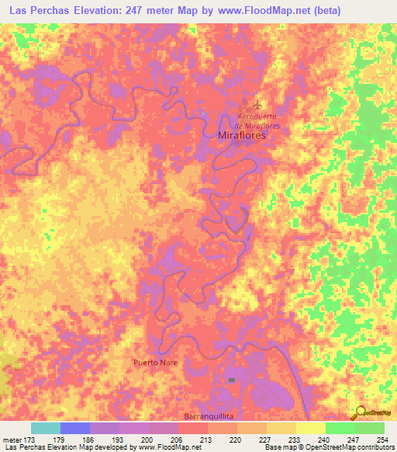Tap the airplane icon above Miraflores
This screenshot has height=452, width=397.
(256, 104)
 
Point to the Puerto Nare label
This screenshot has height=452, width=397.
(156, 363)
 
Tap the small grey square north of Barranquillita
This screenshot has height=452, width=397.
(231, 380)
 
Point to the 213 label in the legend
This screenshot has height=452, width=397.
(205, 440)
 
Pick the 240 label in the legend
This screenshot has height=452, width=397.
(323, 440)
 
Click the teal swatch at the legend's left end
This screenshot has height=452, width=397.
(45, 428)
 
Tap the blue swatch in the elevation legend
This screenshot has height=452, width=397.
(74, 428)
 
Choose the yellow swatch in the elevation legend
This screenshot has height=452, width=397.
(309, 428)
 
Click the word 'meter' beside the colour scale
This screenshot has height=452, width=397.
(11, 440)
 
